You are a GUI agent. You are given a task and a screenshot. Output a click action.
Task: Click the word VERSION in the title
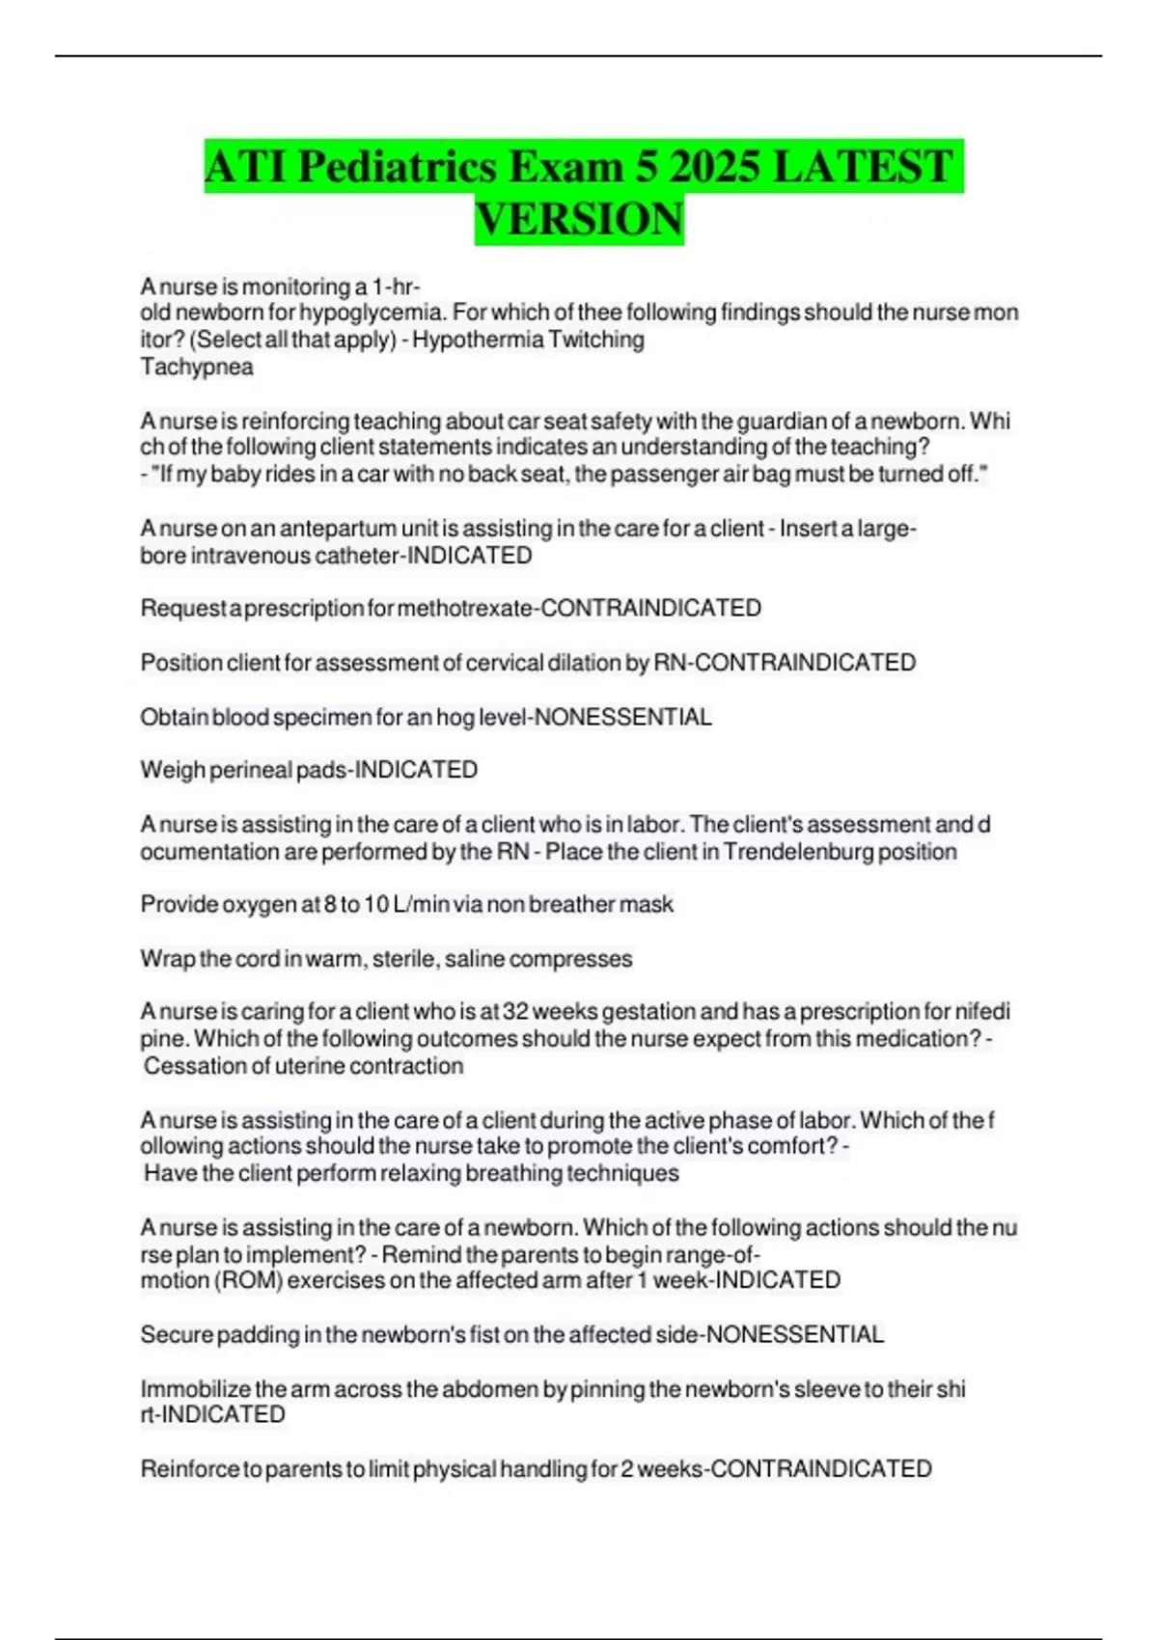579,219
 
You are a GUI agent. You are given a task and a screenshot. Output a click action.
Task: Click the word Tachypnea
197,367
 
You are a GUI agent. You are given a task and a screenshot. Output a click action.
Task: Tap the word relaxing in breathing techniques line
420,1173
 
